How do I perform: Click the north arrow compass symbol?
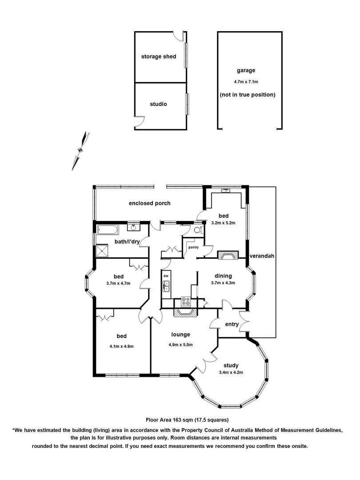coord(80,151)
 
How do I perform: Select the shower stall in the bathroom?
coord(103,252)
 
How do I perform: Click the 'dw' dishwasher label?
coord(166,276)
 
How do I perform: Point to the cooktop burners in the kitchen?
coord(186,301)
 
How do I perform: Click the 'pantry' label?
coord(193,248)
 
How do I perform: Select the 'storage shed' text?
coord(159,56)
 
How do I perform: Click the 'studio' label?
coord(158,104)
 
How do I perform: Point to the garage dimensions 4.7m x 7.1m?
coord(246,82)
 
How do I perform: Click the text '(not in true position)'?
coord(248,95)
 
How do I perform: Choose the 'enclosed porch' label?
coord(150,203)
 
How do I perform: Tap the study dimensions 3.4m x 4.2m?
coord(231,372)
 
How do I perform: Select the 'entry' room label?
coord(232,324)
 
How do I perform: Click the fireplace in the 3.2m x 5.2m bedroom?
coord(228,255)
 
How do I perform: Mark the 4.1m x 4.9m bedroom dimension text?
coord(122,347)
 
